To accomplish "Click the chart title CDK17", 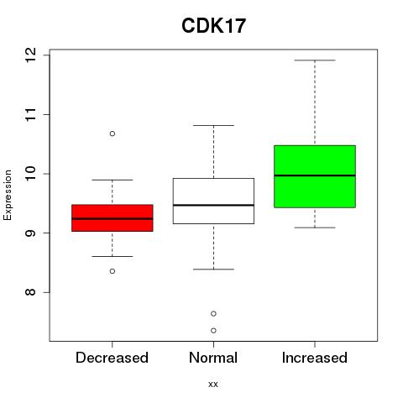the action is (213, 26).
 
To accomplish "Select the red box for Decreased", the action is (113, 218).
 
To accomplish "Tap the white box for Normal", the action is (213, 201).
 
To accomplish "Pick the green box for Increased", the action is (315, 176).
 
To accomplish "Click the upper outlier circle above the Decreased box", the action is (113, 133).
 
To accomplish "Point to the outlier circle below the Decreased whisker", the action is (113, 271).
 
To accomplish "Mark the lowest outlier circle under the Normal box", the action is (213, 331).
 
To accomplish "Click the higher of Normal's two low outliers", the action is (213, 314).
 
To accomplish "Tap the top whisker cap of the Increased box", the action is (315, 60).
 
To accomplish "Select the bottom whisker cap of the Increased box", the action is (315, 228).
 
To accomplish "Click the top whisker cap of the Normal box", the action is (213, 125).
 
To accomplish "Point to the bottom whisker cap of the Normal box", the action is (213, 270).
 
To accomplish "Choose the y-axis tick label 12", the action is (31, 55).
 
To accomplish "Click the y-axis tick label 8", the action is (31, 292).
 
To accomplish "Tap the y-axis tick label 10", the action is (31, 174).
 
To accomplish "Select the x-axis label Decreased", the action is (112, 358).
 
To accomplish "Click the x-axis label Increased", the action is (315, 358).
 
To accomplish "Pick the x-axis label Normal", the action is (213, 358).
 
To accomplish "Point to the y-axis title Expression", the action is (8, 196).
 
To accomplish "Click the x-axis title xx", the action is (213, 385).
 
